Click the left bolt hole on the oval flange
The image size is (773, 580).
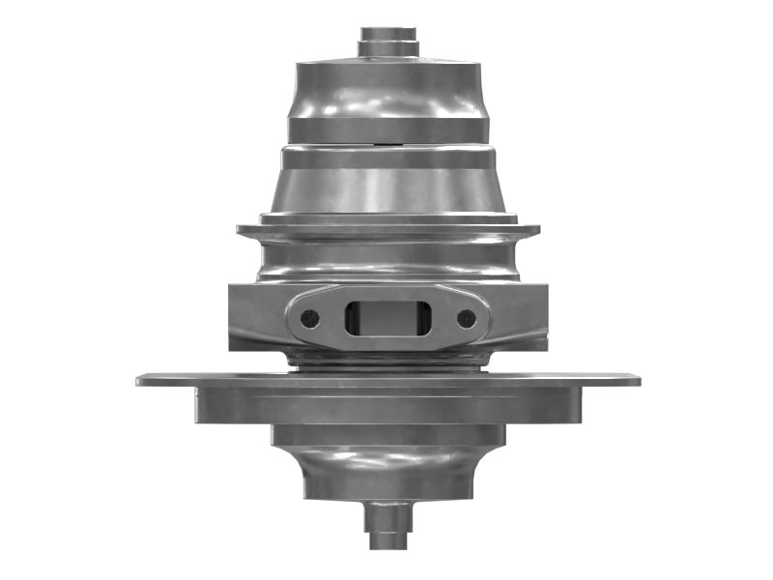pyautogui.click(x=309, y=318)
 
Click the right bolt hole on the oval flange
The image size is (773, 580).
pyautogui.click(x=467, y=318)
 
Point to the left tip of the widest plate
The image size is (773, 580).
pyautogui.click(x=141, y=380)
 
